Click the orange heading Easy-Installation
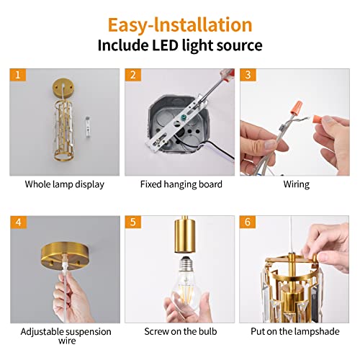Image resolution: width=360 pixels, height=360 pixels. tap(180, 24)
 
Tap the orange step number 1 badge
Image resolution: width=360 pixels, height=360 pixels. tap(17, 75)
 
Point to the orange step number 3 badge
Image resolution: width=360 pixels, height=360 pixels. tap(247, 75)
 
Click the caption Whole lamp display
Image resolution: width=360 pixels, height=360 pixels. tap(64, 184)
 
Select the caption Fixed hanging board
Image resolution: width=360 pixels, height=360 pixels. tap(179, 184)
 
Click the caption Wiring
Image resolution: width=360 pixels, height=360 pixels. tap(295, 184)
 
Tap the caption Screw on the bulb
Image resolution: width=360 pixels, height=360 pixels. tap(179, 332)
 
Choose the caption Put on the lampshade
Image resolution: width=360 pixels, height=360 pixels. tap(295, 332)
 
